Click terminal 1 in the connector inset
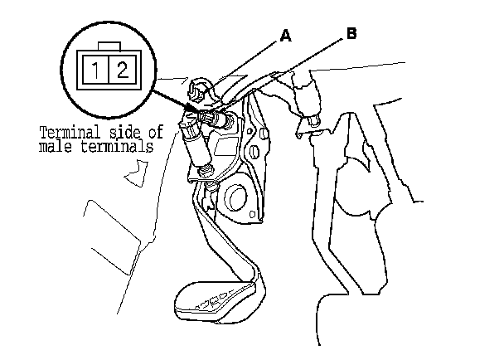[x=98, y=70]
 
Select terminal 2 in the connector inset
[x=122, y=70]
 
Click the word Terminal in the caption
[x=69, y=131]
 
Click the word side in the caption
[x=124, y=131]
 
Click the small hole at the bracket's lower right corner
[x=263, y=133]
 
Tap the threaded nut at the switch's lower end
[x=205, y=172]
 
